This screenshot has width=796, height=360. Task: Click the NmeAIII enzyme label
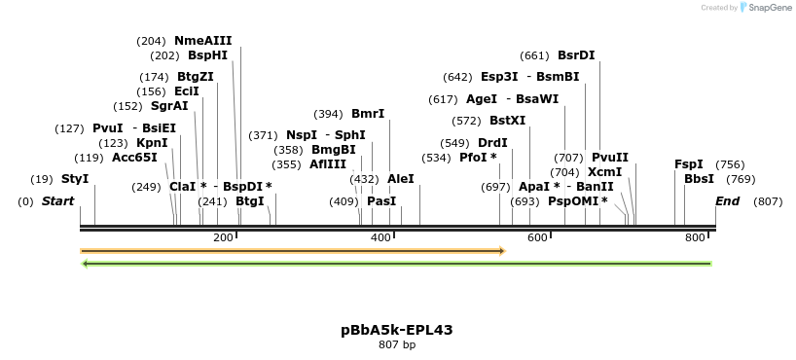pyautogui.click(x=202, y=41)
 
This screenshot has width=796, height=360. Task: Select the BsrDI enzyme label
pyautogui.click(x=576, y=55)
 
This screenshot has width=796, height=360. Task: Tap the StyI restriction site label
pyautogui.click(x=75, y=179)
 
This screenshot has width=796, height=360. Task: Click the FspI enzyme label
pyautogui.click(x=688, y=164)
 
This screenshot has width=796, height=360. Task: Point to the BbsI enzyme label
pyautogui.click(x=699, y=179)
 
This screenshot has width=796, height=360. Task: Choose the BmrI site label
pyautogui.click(x=368, y=114)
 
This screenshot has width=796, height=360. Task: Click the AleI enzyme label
pyautogui.click(x=401, y=179)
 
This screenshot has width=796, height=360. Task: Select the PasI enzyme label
pyautogui.click(x=381, y=201)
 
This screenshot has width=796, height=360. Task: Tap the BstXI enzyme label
pyautogui.click(x=507, y=121)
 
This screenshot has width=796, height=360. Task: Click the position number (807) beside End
pyautogui.click(x=768, y=201)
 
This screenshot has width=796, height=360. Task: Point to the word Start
pyautogui.click(x=58, y=201)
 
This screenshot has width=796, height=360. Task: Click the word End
pyautogui.click(x=727, y=201)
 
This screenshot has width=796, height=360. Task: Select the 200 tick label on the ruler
pyautogui.click(x=223, y=238)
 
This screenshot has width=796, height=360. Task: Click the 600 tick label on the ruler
pyautogui.click(x=537, y=238)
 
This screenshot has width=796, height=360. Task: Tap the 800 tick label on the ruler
pyautogui.click(x=695, y=238)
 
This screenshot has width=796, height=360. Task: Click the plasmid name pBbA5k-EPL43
pyautogui.click(x=397, y=330)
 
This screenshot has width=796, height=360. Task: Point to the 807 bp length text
pyautogui.click(x=397, y=344)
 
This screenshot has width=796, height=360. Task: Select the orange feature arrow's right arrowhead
pyautogui.click(x=501, y=251)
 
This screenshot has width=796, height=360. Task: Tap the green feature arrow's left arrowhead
pyautogui.click(x=86, y=263)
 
